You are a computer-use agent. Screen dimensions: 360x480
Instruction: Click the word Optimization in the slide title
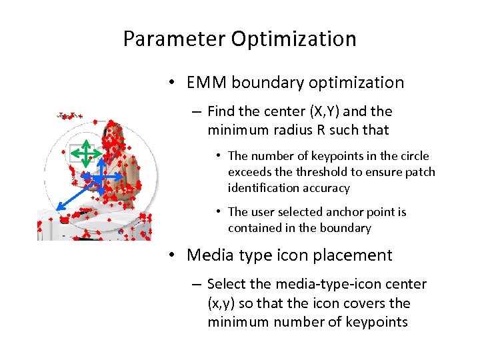[x=294, y=39]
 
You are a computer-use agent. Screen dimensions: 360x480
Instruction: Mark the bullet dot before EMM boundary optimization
[x=172, y=83]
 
